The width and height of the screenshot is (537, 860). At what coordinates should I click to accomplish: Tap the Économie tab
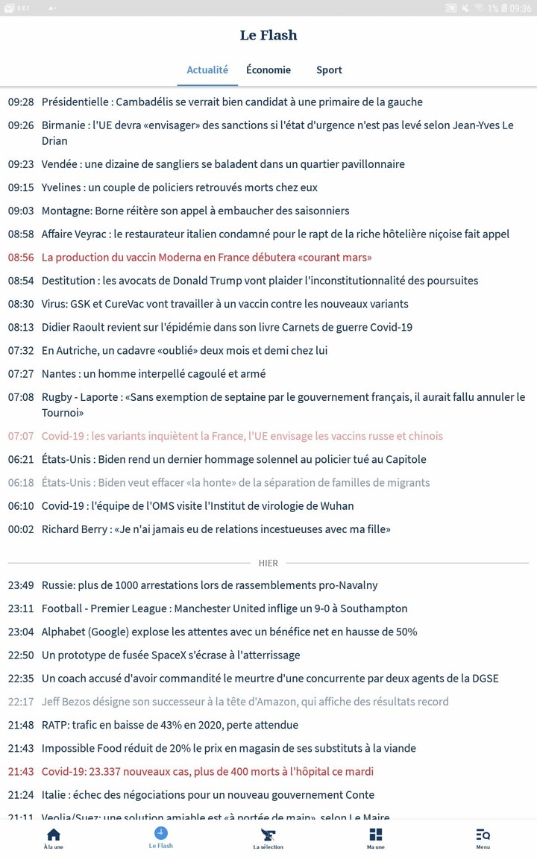click(268, 69)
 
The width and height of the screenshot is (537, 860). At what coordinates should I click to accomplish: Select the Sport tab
click(329, 69)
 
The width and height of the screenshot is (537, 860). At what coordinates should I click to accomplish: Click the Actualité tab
click(207, 69)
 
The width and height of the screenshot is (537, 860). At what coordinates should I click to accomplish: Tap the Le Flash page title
click(268, 35)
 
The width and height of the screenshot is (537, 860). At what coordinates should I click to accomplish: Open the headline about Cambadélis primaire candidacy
click(232, 102)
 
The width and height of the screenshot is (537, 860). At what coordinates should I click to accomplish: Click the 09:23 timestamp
click(21, 164)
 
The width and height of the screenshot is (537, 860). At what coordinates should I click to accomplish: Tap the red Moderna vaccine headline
click(207, 258)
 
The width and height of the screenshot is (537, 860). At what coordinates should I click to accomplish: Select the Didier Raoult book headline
click(227, 327)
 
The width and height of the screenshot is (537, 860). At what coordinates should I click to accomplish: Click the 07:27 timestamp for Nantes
click(21, 373)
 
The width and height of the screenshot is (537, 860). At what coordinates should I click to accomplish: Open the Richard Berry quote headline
click(216, 529)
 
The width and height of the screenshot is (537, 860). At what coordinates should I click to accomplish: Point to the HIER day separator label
click(268, 563)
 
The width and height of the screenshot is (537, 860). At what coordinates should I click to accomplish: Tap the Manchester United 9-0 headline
click(224, 608)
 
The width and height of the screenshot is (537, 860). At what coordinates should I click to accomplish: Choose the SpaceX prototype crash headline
click(171, 655)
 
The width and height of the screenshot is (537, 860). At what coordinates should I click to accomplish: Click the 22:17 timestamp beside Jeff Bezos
click(21, 702)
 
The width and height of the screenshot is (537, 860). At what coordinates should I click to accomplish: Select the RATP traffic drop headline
click(170, 725)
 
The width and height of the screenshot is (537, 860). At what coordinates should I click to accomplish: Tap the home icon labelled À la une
click(54, 838)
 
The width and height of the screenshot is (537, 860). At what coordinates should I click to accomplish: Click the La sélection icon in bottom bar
click(268, 838)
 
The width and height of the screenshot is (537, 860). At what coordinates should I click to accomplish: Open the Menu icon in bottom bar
click(483, 838)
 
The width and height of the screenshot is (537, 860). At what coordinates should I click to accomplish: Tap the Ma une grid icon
click(376, 838)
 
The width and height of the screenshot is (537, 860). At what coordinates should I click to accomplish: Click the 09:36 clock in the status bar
click(521, 8)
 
